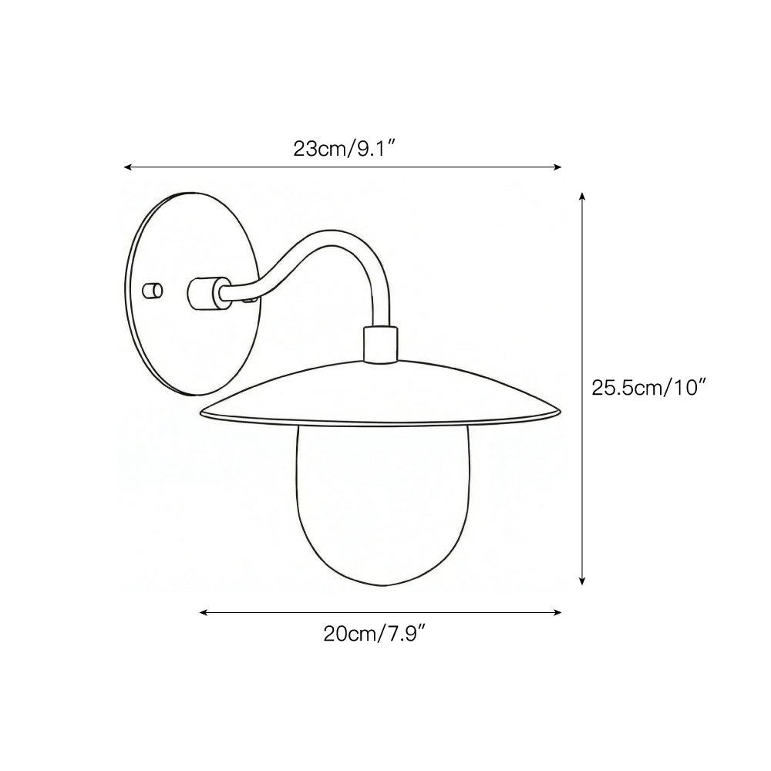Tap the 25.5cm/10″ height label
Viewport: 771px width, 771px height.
(648, 388)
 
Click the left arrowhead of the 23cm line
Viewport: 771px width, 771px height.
(128, 167)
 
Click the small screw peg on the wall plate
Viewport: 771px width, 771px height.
(155, 291)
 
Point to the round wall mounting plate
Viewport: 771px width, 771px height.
(166, 339)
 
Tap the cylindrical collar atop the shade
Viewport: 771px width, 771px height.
(379, 343)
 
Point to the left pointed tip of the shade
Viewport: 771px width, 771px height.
(202, 415)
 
